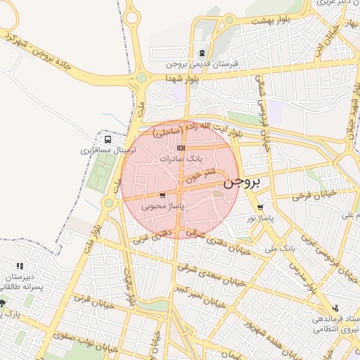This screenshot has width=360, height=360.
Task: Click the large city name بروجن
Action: pos(242,183)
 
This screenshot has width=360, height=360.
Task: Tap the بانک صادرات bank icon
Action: pos(181,148)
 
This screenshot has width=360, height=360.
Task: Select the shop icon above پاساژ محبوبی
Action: pos(163,196)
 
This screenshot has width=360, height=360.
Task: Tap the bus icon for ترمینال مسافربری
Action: pos(107,139)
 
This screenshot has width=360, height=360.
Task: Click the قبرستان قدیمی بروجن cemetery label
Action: pos(203,63)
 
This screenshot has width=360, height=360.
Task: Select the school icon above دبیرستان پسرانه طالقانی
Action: pos(20,266)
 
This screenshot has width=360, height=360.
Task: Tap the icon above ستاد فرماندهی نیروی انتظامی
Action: pos(335,308)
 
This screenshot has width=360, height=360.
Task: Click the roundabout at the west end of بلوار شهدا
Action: pos(141,77)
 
